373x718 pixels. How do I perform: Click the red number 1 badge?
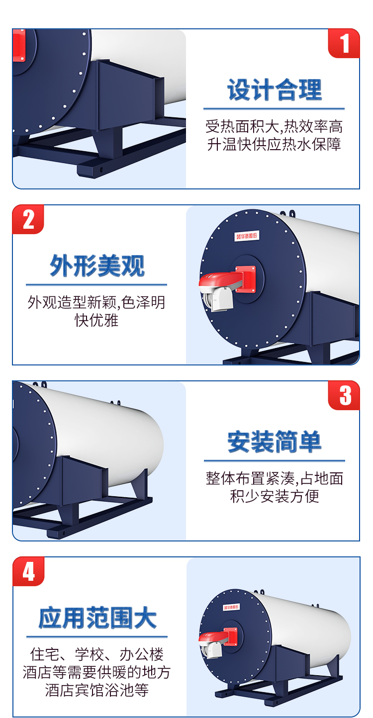[x=344, y=43]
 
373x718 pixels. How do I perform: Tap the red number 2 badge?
[x=28, y=219]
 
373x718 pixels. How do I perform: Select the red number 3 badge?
[x=344, y=395]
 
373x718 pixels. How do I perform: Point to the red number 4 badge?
[x=28, y=571]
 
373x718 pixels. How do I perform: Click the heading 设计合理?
[x=275, y=90]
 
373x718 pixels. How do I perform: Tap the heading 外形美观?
[x=97, y=266]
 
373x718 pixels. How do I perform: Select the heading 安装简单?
[x=275, y=442]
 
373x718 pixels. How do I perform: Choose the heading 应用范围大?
[x=97, y=618]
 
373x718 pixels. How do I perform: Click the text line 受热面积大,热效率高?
[x=274, y=127]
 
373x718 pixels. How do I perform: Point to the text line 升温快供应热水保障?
[x=274, y=144]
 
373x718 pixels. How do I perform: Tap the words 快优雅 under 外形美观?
[x=96, y=320]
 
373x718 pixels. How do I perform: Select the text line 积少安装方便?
[x=275, y=496]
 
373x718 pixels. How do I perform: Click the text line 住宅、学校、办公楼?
[x=97, y=654]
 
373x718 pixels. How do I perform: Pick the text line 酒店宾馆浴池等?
[x=97, y=690]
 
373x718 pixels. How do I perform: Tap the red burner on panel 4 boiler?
[x=218, y=636]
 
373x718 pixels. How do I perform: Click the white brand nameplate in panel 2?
[x=246, y=236]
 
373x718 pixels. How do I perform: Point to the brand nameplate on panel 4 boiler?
[x=231, y=607]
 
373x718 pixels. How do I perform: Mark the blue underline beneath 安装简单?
[x=275, y=461]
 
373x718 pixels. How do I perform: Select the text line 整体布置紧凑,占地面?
[x=275, y=478]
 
